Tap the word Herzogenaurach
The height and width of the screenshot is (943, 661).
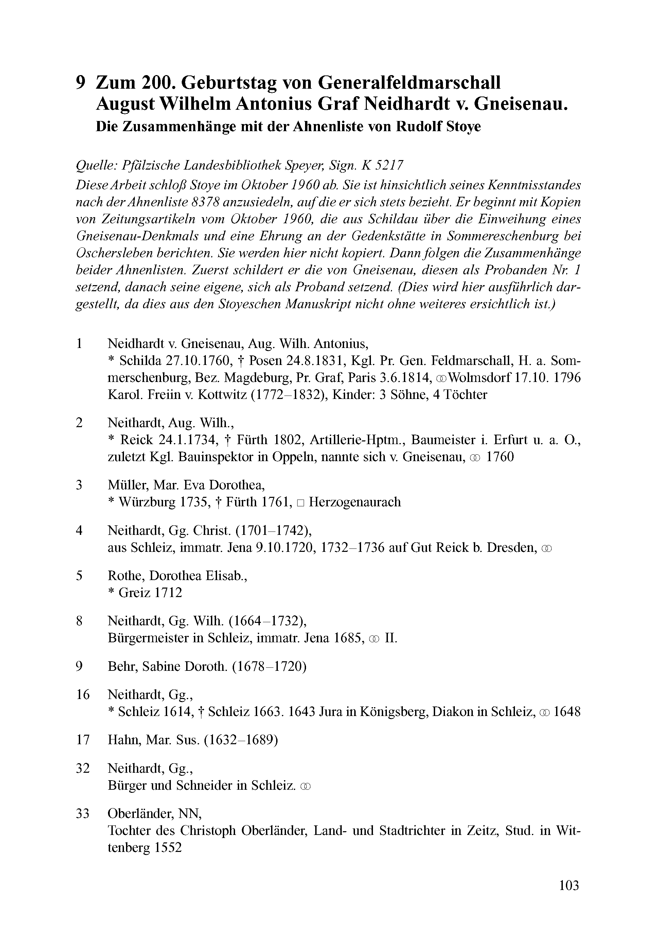point(354,502)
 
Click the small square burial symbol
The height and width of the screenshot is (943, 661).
point(300,503)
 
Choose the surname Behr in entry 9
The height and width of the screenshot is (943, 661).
point(122,666)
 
